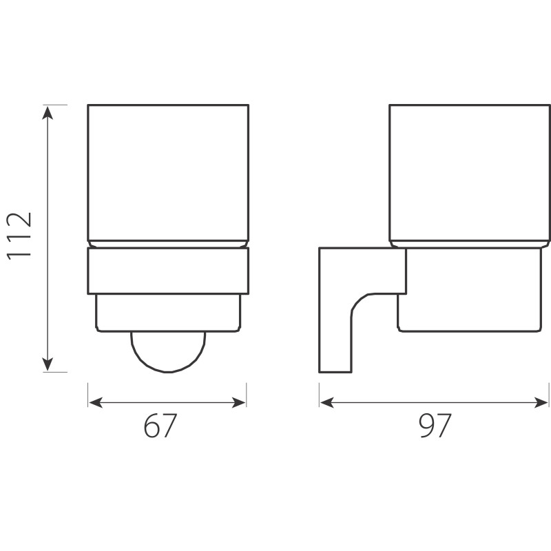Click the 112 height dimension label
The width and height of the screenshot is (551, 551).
[19, 236]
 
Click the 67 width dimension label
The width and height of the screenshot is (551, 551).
[160, 425]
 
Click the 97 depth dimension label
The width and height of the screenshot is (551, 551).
[435, 425]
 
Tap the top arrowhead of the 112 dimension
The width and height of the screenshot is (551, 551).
[48, 112]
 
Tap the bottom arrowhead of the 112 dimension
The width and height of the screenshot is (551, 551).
[48, 364]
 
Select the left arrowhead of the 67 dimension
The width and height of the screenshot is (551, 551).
[95, 402]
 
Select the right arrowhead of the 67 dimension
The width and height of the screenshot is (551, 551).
[239, 402]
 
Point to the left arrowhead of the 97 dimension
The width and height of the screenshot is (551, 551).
[326, 402]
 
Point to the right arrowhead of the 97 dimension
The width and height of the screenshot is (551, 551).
[541, 402]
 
